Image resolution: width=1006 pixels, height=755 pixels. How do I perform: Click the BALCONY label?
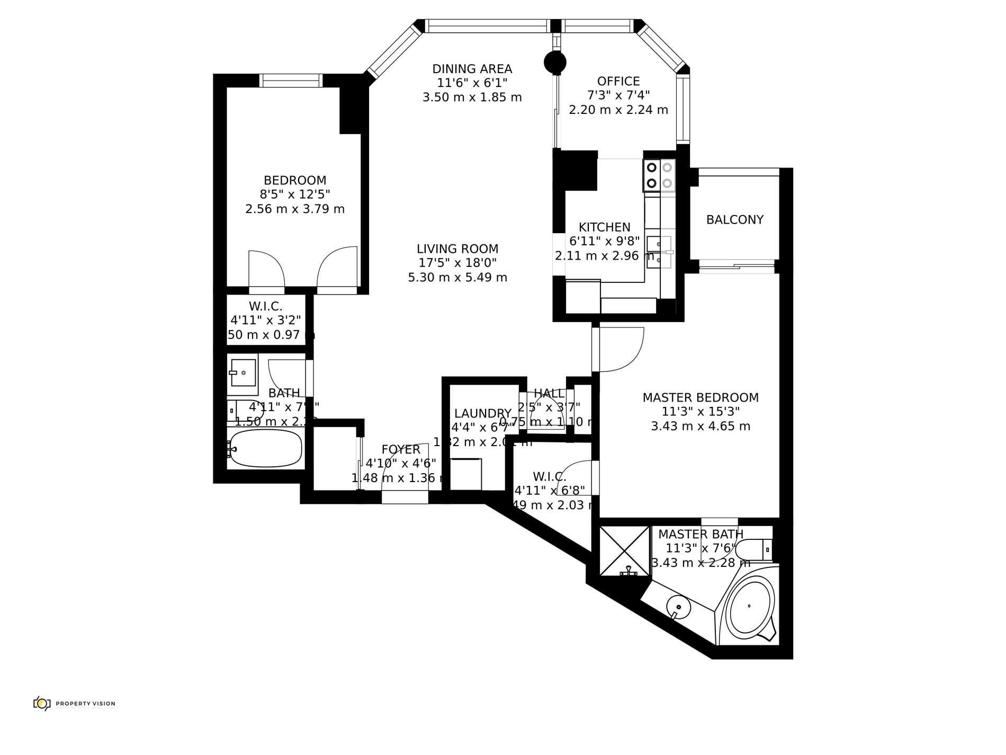735,219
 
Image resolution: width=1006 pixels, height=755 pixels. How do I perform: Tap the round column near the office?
555,62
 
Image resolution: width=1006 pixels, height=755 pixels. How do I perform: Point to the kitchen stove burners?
660,176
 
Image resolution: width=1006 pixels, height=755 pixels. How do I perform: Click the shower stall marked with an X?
624,550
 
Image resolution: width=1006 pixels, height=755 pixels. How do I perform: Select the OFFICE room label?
618,81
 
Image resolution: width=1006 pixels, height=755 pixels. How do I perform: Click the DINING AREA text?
472,69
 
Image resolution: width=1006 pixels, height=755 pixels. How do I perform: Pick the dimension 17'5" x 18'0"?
457,263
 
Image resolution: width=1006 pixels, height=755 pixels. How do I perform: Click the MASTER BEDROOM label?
700,397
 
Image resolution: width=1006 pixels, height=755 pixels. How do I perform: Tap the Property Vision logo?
74,704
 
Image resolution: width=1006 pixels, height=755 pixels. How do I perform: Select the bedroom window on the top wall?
291,81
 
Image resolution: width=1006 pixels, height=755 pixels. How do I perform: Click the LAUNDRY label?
483,413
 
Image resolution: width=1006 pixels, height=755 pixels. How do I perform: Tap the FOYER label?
401,450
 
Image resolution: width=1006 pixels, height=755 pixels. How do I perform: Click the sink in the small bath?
243,372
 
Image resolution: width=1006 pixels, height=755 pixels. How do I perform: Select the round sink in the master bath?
678,606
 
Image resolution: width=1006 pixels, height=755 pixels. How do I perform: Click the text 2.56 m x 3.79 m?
295,209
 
